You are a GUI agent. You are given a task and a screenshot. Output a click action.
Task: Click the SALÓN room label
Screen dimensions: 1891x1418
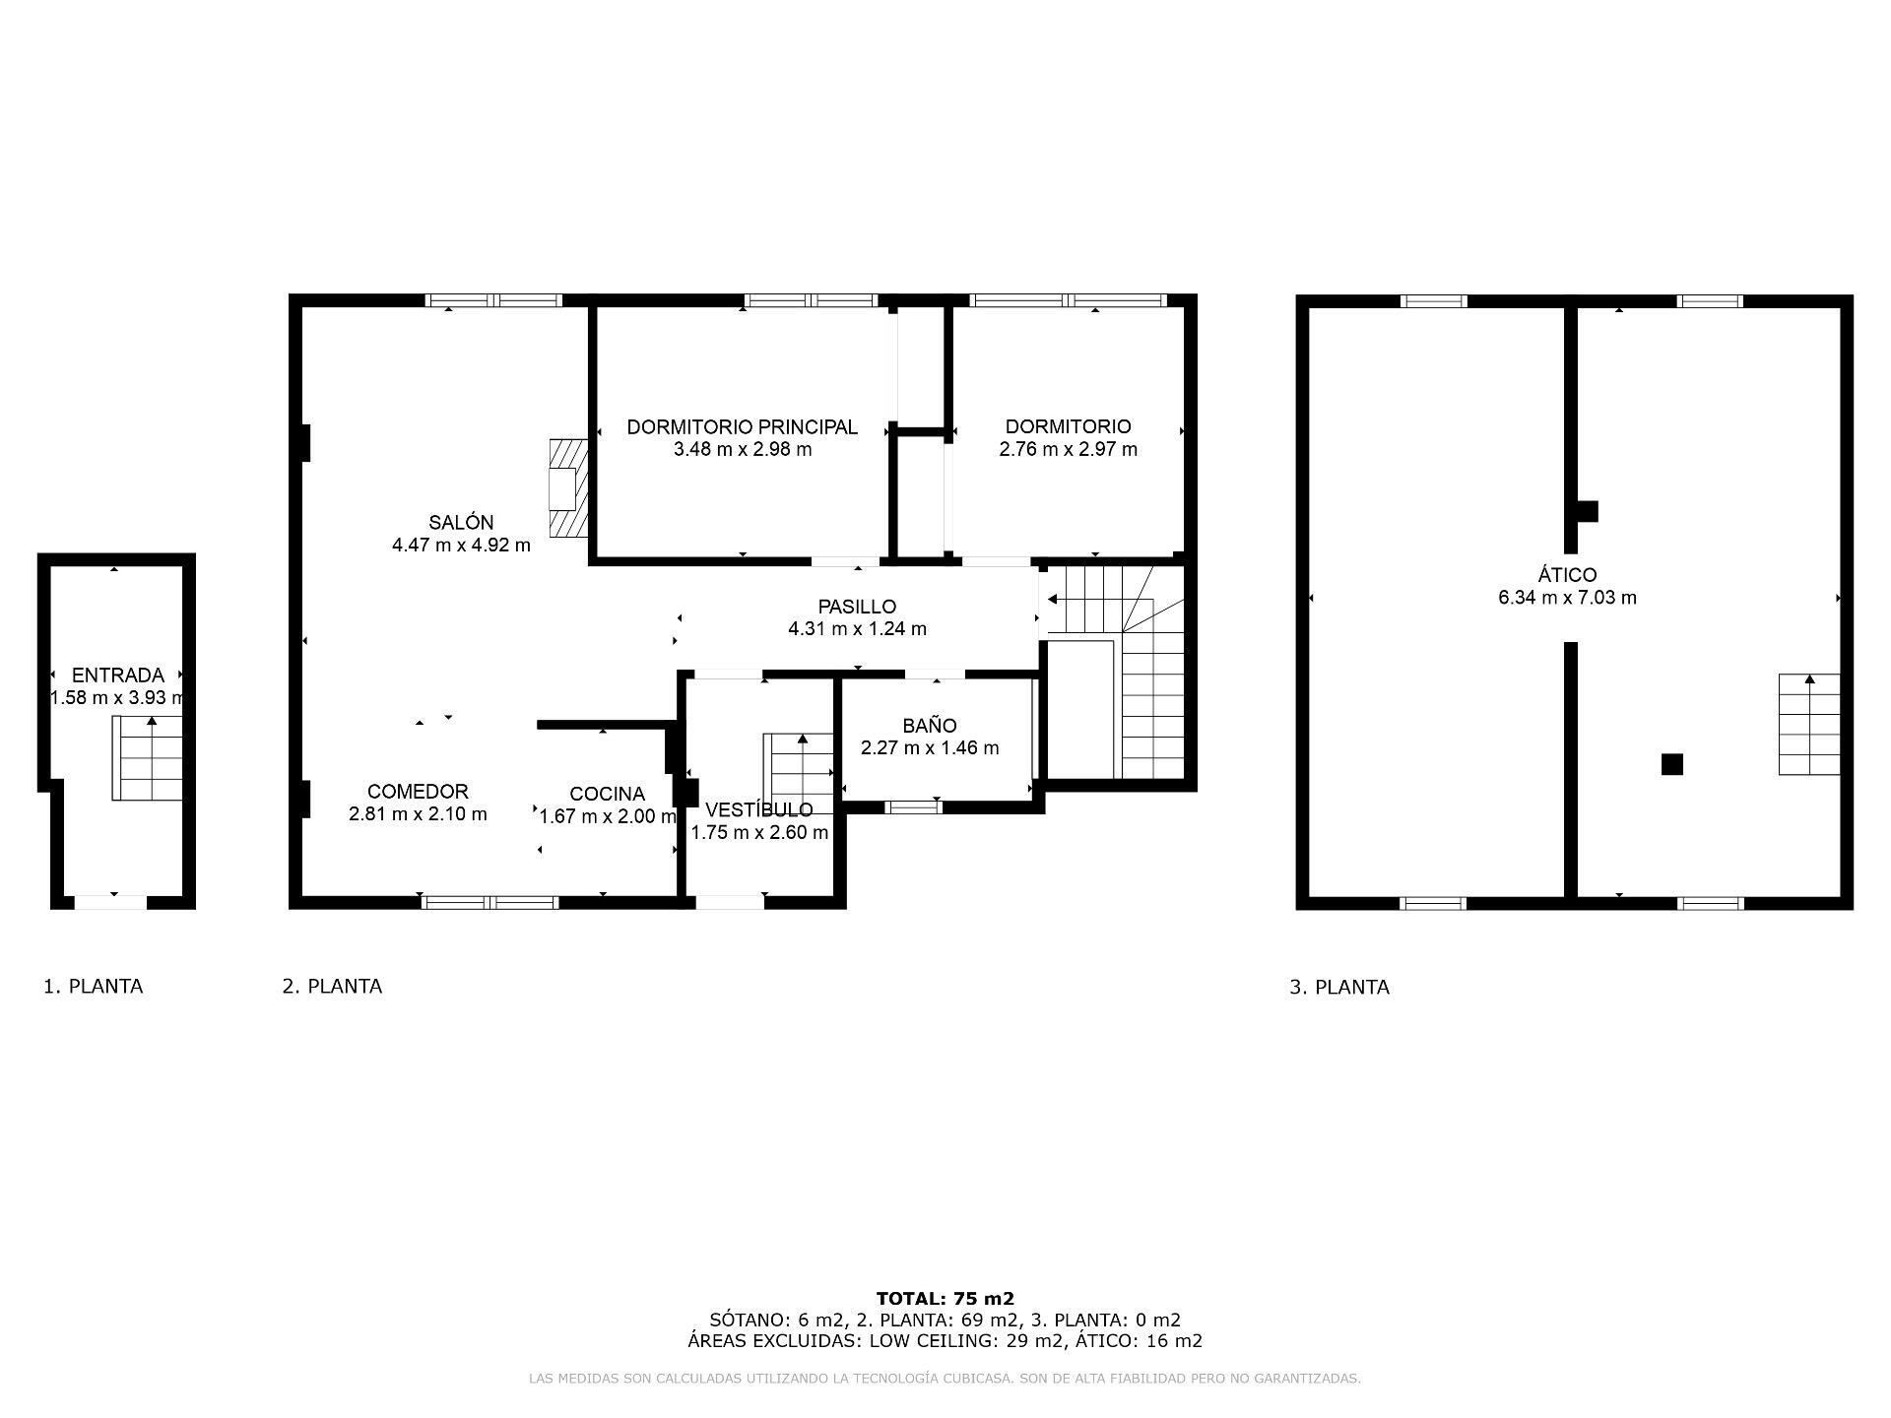(x=461, y=523)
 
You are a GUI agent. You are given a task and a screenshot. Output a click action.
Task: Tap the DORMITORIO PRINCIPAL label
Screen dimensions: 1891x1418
(x=743, y=427)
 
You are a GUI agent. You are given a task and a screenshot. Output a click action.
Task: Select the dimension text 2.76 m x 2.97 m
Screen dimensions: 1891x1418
(x=1069, y=450)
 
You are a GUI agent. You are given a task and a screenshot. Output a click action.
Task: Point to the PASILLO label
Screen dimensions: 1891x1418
(x=857, y=607)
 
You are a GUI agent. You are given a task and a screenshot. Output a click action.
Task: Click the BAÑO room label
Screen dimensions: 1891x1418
(x=930, y=726)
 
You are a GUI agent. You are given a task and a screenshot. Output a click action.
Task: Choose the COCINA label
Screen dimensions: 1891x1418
(x=607, y=794)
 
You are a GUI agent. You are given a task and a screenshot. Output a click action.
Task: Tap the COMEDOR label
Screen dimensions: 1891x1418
(x=418, y=792)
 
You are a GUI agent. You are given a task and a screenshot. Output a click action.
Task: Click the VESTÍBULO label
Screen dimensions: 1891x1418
(x=759, y=809)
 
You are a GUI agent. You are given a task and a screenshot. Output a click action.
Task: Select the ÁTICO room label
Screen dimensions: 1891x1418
(x=1568, y=574)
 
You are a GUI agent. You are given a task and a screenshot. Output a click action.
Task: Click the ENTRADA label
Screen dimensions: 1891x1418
(x=118, y=676)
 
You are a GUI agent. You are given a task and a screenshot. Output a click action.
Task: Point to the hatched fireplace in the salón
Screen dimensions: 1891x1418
(x=569, y=488)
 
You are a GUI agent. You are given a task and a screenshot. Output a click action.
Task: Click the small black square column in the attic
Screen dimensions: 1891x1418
(x=1672, y=764)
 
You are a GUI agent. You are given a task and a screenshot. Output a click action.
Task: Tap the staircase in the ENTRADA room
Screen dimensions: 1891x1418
(x=148, y=758)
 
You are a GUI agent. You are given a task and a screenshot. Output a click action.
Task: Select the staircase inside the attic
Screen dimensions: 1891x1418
(x=1809, y=724)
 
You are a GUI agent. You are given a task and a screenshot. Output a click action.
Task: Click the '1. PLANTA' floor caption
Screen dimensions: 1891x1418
(x=94, y=987)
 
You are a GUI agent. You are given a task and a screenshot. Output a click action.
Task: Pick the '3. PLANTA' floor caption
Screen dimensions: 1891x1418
(x=1339, y=988)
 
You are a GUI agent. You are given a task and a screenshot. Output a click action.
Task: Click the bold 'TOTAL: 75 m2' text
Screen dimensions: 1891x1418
(x=945, y=1299)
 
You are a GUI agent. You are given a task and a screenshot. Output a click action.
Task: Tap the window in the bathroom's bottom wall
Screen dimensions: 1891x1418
(x=913, y=807)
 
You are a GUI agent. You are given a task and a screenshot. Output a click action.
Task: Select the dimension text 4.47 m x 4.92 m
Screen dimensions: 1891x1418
(x=461, y=546)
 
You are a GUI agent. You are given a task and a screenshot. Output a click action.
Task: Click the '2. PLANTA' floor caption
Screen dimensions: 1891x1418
(x=332, y=987)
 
